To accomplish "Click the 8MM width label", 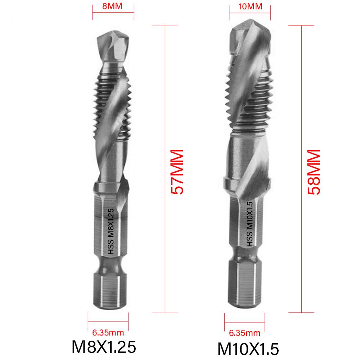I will (x=113, y=6).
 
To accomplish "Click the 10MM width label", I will (x=249, y=6).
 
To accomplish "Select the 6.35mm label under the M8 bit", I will (x=109, y=332).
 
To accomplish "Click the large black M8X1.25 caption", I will (x=104, y=347).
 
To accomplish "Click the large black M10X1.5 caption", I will (x=248, y=348).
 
